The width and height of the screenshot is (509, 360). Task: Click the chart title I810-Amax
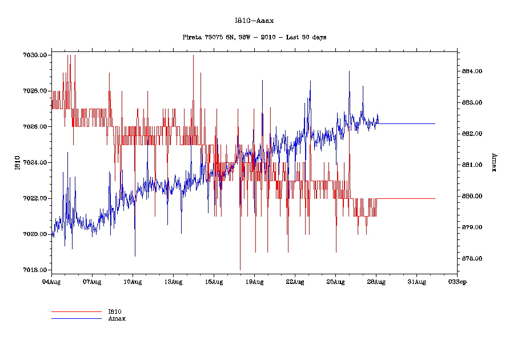click(254, 21)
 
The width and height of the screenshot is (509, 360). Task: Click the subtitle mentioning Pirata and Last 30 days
click(254, 37)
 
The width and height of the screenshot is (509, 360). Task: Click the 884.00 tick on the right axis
click(472, 71)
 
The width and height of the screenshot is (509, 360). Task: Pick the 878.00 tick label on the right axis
click(472, 259)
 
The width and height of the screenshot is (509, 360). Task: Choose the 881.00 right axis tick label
click(472, 165)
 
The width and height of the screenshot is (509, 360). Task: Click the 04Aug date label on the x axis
click(51, 281)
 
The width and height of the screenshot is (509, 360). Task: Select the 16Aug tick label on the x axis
click(214, 281)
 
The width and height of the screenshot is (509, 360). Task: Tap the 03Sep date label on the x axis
click(456, 281)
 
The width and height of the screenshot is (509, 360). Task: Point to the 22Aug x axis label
click(295, 281)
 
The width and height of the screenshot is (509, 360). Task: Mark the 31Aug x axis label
click(416, 281)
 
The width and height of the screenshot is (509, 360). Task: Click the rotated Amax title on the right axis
click(493, 163)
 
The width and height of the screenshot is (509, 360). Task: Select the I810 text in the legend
click(115, 312)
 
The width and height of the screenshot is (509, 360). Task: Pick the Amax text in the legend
click(117, 318)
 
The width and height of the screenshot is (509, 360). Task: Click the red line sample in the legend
click(76, 312)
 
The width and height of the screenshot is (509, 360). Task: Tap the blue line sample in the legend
click(76, 318)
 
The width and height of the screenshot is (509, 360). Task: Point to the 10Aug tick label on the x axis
click(133, 281)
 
